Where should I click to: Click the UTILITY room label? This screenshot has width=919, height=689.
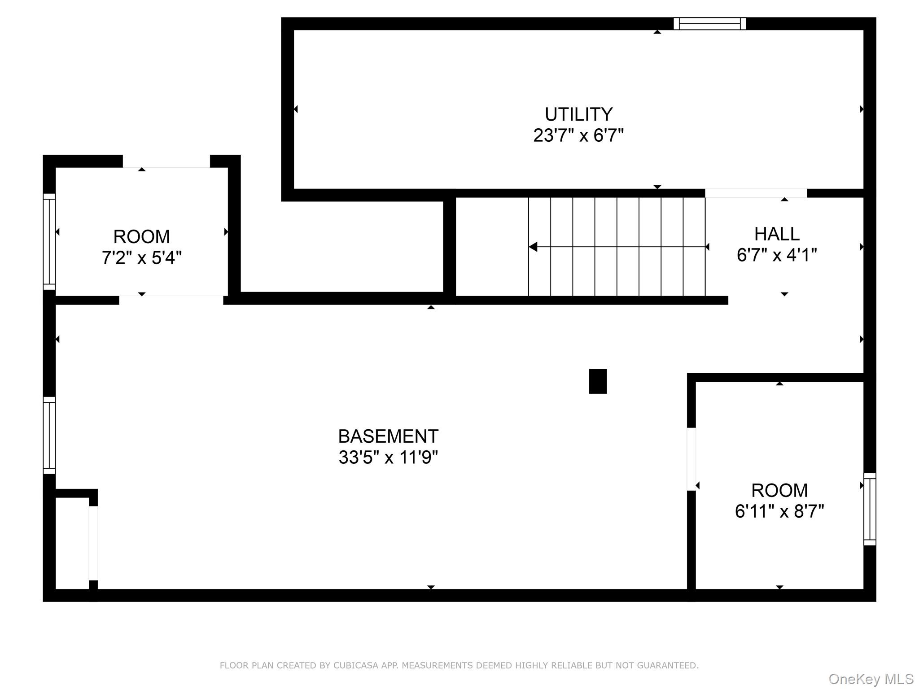click(x=578, y=114)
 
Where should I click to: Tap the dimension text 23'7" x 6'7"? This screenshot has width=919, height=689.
click(x=578, y=135)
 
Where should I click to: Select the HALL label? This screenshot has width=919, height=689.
click(x=777, y=234)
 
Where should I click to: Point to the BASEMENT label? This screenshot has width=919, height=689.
click(x=388, y=436)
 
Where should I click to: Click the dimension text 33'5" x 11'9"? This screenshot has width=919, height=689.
click(x=388, y=457)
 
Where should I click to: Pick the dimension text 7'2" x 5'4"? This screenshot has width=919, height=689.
click(x=142, y=258)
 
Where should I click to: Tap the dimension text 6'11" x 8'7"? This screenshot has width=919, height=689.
click(x=779, y=511)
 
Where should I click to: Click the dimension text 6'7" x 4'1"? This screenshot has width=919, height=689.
click(x=777, y=255)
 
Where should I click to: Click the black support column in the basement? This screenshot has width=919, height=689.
click(x=598, y=381)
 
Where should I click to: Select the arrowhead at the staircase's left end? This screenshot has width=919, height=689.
click(x=533, y=247)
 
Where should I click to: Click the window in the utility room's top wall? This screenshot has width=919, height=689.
click(x=710, y=23)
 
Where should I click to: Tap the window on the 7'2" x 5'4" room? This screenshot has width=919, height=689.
click(x=49, y=242)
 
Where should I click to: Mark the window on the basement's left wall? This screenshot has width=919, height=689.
click(x=49, y=435)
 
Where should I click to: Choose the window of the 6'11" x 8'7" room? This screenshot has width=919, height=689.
click(x=870, y=509)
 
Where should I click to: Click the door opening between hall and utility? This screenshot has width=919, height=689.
click(x=756, y=193)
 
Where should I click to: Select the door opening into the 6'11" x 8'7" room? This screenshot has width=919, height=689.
click(x=691, y=459)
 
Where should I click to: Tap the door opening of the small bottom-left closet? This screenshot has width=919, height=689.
click(x=93, y=543)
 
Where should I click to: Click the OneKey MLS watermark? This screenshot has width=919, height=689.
click(x=871, y=679)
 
